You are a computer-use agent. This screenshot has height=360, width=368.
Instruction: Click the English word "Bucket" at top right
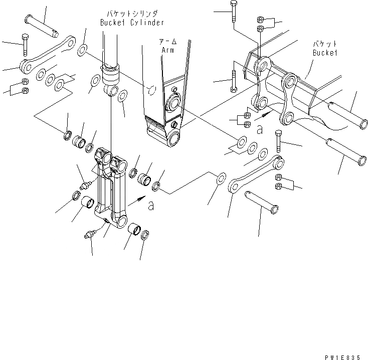coord(325,52)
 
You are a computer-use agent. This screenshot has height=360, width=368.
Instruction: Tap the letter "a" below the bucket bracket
coord(259,129)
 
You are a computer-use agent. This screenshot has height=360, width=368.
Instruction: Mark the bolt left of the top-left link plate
coord(24,45)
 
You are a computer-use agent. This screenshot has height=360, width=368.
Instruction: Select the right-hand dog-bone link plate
coord(256,175)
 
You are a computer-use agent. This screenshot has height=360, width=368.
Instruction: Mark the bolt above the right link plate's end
coord(279,142)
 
